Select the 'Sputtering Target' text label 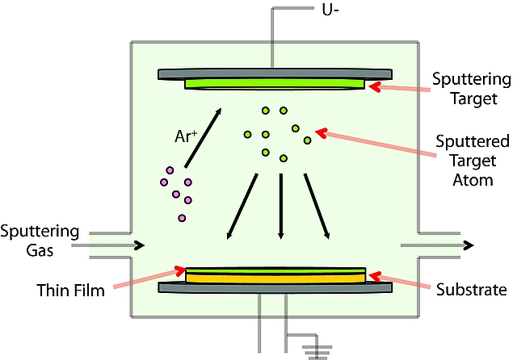pyautogui.click(x=472, y=89)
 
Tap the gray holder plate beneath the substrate pyautogui.click(x=275, y=287)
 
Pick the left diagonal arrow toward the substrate pyautogui.click(x=242, y=206)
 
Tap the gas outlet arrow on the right pyautogui.click(x=467, y=245)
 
